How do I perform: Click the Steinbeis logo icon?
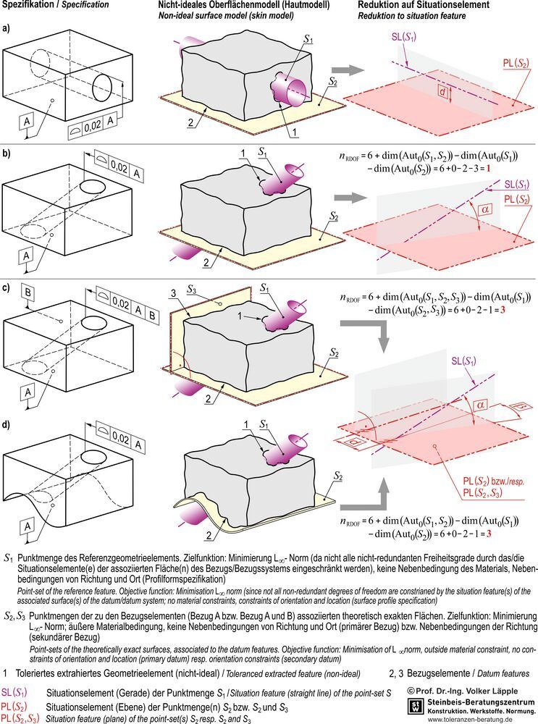(x=416, y=705)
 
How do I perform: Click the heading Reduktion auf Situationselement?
(x=421, y=6)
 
